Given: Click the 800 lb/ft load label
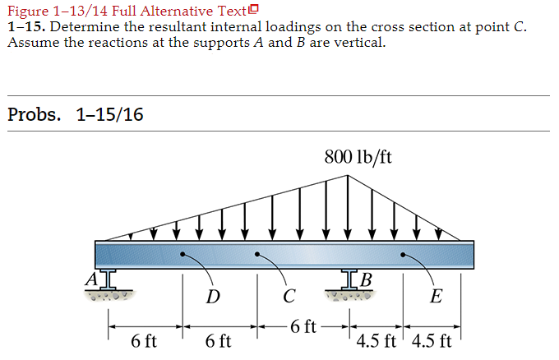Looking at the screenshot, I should [358, 156].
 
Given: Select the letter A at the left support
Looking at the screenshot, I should [91, 278].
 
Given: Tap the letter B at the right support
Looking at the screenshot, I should [366, 279].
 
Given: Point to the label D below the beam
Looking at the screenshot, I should [212, 296].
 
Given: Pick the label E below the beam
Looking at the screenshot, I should [435, 296].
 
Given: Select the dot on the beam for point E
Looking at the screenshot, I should [403, 255].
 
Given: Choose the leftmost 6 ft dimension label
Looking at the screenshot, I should [145, 340].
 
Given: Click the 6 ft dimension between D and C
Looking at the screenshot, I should [219, 340].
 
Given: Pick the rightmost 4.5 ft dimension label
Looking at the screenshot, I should [432, 340].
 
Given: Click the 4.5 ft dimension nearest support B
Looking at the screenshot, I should [376, 340].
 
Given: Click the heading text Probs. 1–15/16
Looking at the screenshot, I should [75, 114].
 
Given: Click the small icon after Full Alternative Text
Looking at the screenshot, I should [253, 10].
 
